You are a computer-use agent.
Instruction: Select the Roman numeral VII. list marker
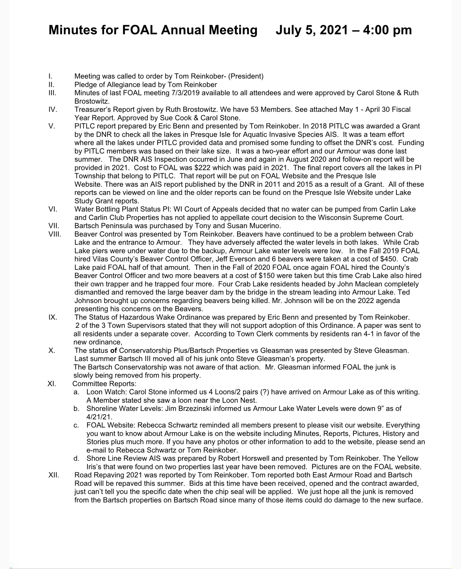point(53,226)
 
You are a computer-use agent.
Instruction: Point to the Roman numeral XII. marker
point(54,475)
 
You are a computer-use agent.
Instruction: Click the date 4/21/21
point(99,417)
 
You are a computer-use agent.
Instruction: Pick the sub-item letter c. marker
point(77,425)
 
